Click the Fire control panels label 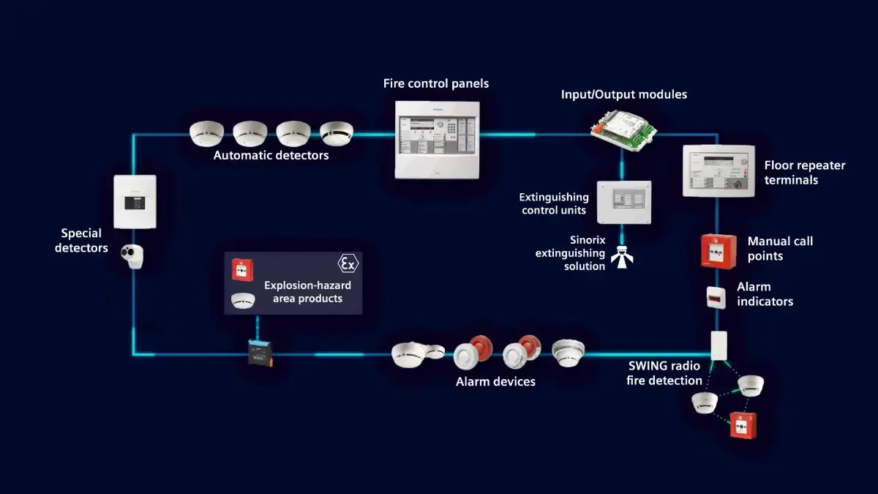(x=436, y=83)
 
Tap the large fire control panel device (x=438, y=139)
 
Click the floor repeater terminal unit (x=717, y=170)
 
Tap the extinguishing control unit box (x=623, y=201)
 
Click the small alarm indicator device (x=716, y=297)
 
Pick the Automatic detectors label (x=271, y=155)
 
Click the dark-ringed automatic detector (x=337, y=133)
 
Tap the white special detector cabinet (x=135, y=201)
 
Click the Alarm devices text (x=495, y=381)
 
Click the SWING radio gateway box (x=718, y=345)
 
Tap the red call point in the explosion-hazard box (x=239, y=270)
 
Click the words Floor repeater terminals (x=804, y=172)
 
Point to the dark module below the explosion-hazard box (x=260, y=353)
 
